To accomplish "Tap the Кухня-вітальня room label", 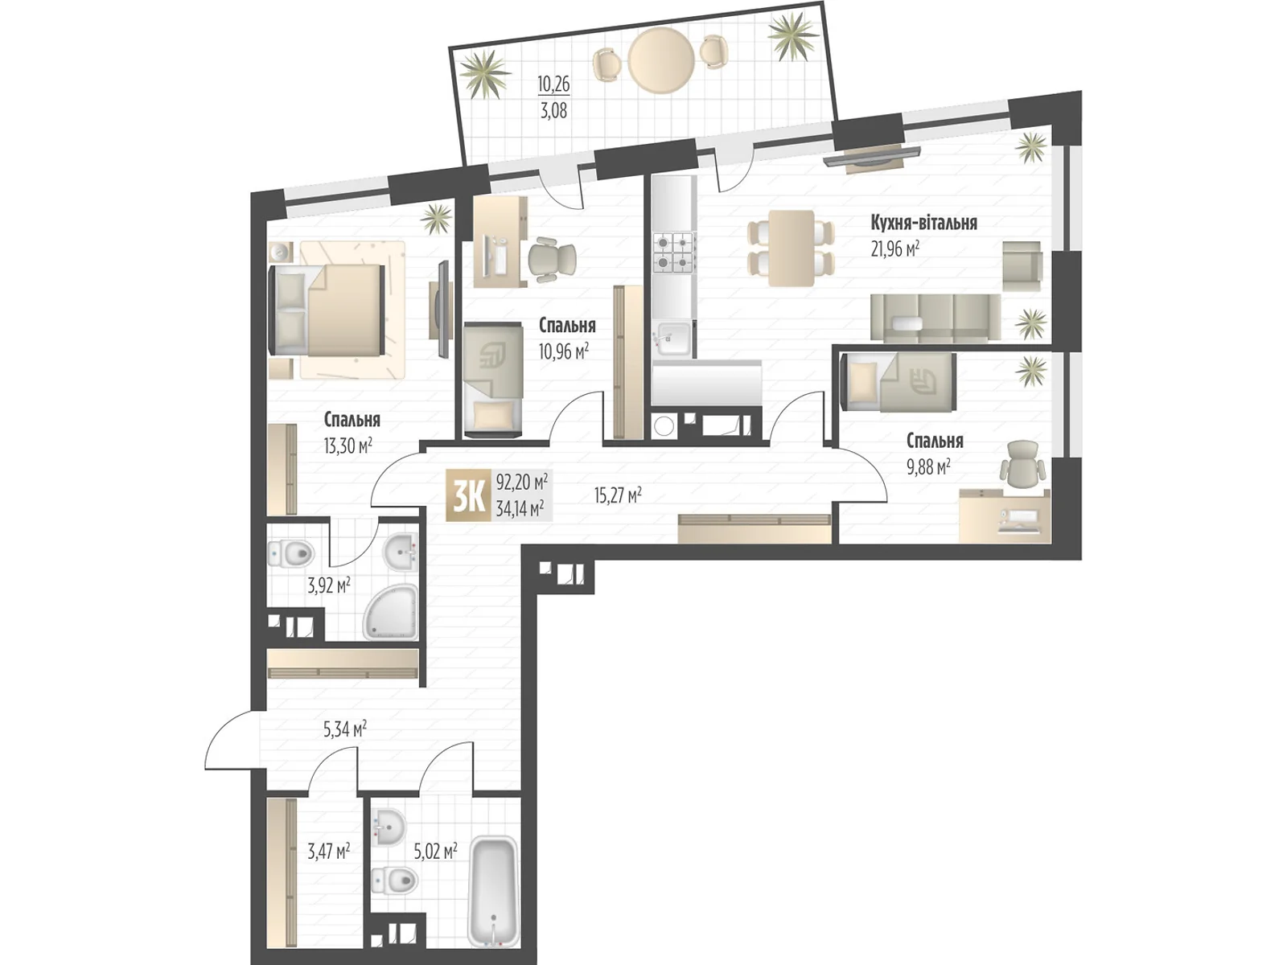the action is tap(923, 224).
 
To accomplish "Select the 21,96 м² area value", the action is tap(894, 249).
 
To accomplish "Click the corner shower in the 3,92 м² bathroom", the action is tap(392, 613).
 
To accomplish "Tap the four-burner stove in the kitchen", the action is tap(674, 252).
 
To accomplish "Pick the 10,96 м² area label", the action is tap(564, 351).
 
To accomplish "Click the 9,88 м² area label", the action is tap(929, 467).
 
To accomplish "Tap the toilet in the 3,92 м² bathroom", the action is tap(291, 552).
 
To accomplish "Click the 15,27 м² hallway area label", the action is tap(618, 496).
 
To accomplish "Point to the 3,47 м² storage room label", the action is tap(329, 851).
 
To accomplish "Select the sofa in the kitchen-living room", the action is tap(935, 317).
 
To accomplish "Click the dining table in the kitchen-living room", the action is tap(791, 248).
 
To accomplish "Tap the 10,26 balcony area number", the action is tap(553, 84).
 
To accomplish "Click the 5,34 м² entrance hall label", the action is tap(345, 729).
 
